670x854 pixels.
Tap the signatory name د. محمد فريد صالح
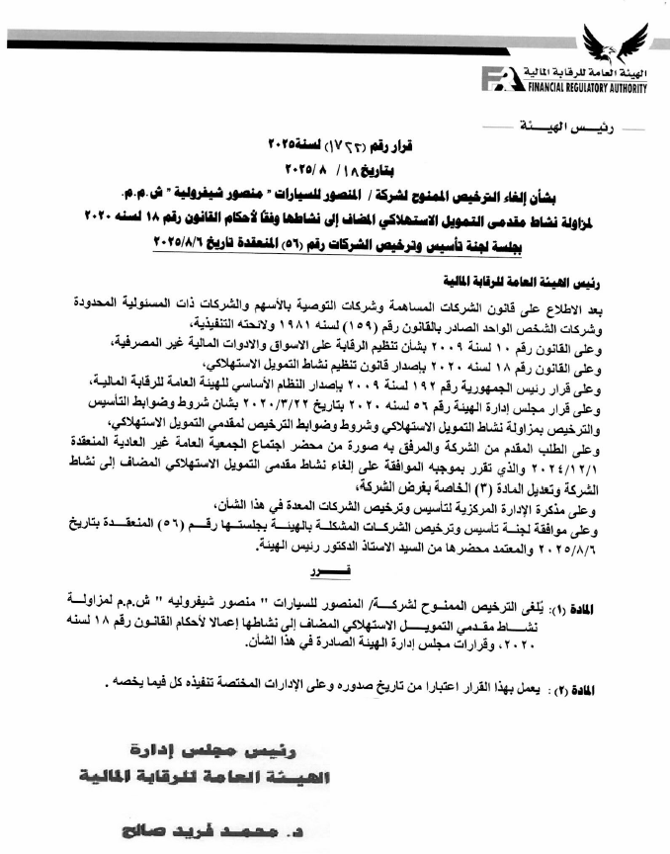[217, 822]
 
